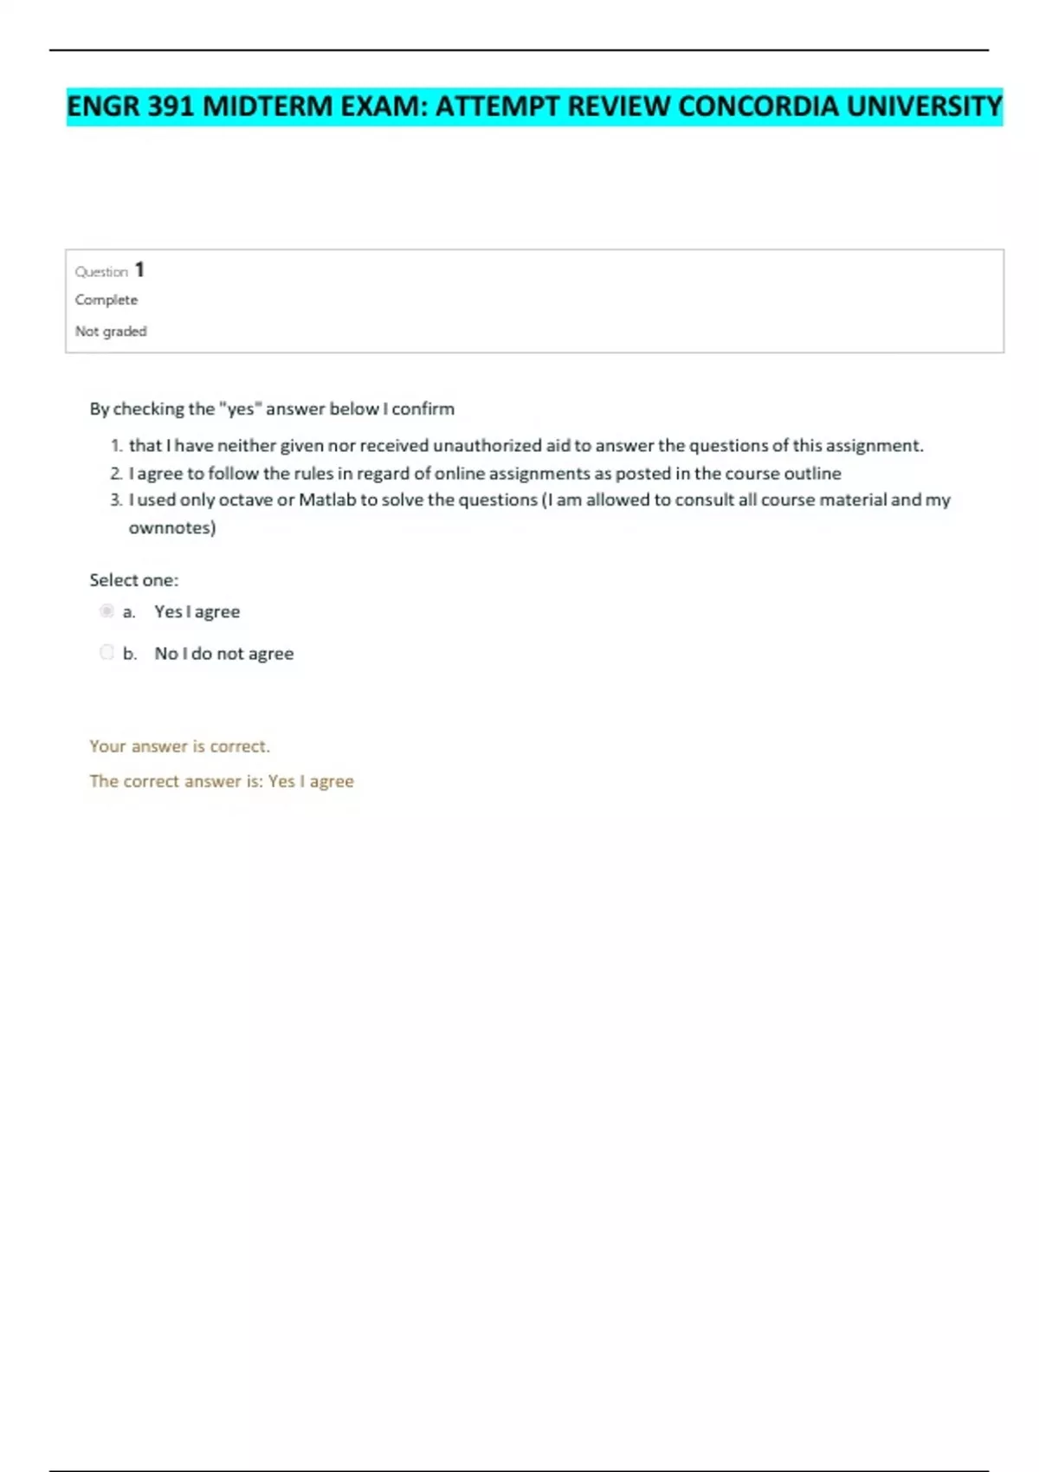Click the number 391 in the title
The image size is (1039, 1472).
(171, 107)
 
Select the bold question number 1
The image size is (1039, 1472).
(139, 270)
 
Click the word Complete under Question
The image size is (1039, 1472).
(106, 300)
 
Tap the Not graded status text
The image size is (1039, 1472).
(111, 331)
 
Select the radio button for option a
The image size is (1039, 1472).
(106, 611)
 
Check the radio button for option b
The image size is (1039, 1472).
(106, 652)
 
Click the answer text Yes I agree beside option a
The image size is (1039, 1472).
(197, 611)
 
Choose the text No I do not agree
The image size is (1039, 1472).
(223, 654)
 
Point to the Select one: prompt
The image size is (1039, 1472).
(133, 580)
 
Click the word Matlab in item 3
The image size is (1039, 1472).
(326, 500)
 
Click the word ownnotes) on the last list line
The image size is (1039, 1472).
(172, 527)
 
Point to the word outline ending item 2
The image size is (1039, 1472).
(812, 474)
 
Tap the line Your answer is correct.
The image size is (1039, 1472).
(179, 746)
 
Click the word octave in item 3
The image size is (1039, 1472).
(246, 500)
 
